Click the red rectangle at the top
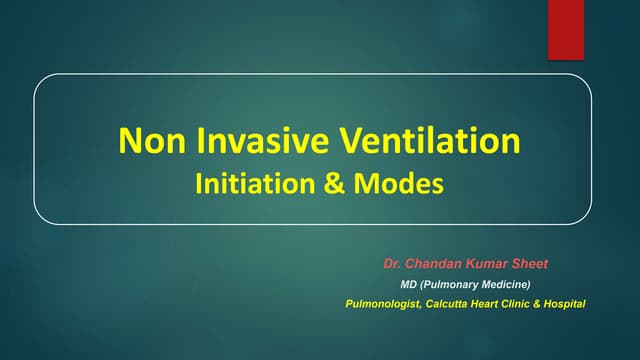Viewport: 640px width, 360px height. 566,29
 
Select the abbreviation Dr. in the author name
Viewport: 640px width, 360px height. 391,265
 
